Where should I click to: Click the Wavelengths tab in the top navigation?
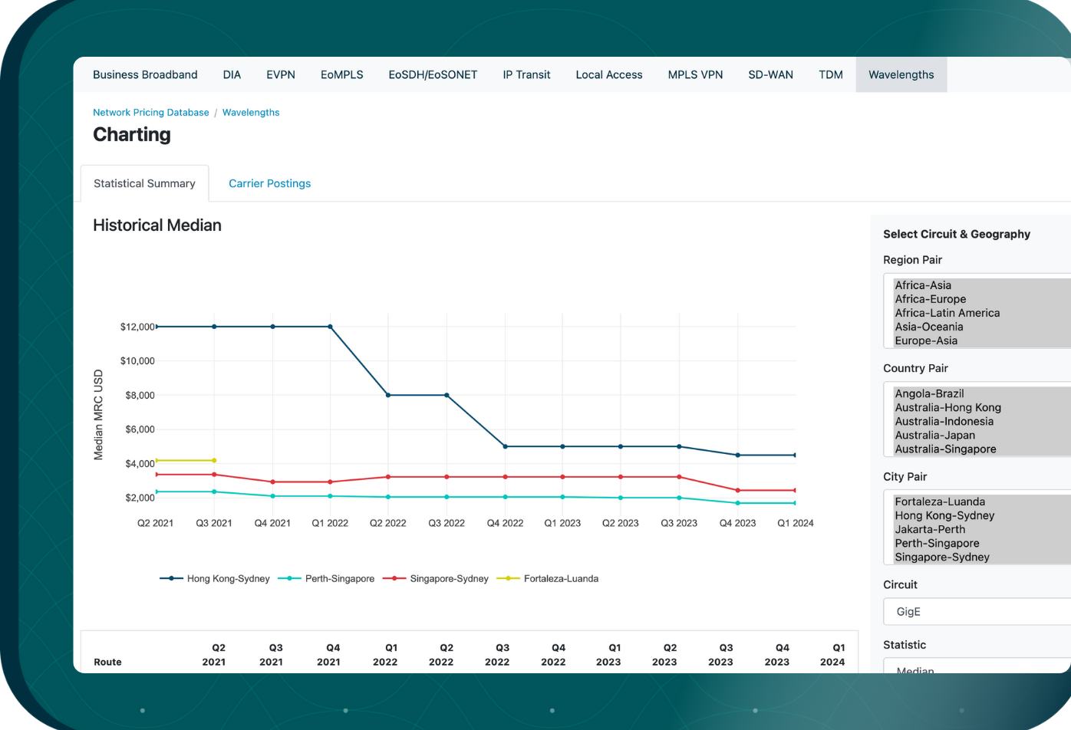(901, 74)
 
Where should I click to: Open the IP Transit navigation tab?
(526, 74)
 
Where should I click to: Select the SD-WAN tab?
(770, 74)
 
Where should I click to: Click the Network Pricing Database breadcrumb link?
(150, 112)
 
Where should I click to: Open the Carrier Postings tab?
(269, 183)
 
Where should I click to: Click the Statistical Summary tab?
(144, 183)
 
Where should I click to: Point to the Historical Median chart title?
(157, 225)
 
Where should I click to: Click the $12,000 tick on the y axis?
(137, 327)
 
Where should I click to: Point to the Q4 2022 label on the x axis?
(505, 523)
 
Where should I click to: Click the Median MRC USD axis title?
(98, 415)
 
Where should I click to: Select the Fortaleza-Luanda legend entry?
(560, 579)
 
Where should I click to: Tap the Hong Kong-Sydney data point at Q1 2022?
(331, 327)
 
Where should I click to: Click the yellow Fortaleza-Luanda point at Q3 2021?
(214, 460)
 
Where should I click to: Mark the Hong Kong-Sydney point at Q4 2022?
(505, 446)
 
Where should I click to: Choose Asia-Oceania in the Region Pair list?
(928, 327)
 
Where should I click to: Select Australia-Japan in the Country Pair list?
(934, 435)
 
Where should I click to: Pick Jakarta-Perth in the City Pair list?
(930, 529)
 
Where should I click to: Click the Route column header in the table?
(107, 662)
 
